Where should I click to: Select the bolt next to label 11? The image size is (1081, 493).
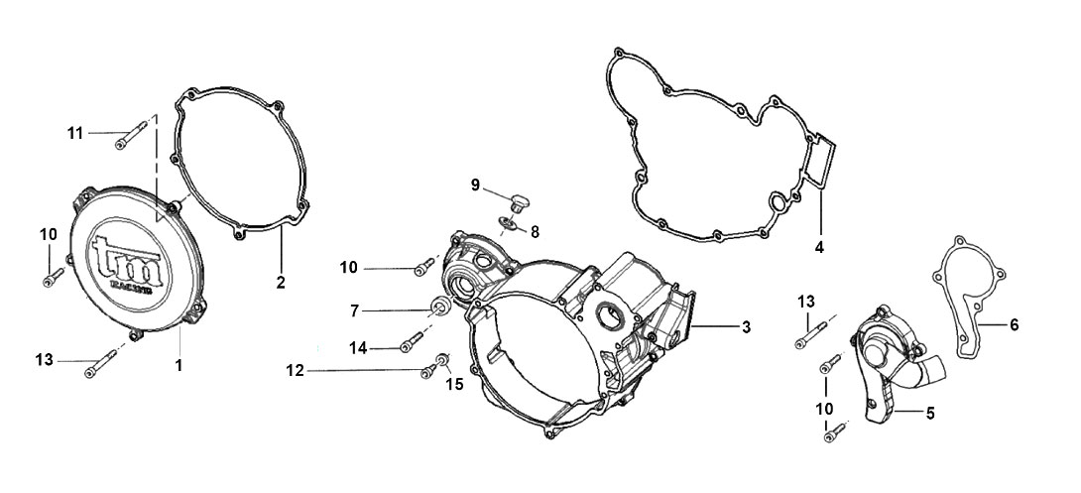(x=131, y=135)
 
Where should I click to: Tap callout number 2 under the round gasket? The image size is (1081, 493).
(x=281, y=282)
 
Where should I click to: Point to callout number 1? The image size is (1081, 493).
(x=179, y=365)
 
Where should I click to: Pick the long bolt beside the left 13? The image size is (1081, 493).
(x=101, y=363)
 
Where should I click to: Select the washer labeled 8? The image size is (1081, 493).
(x=508, y=222)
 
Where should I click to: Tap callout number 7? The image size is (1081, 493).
(x=354, y=311)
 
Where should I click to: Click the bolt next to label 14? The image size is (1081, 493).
(x=411, y=341)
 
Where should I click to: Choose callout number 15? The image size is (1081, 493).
(x=455, y=384)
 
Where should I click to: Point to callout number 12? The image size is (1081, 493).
(x=296, y=371)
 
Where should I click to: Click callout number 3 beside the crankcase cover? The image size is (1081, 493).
(x=746, y=326)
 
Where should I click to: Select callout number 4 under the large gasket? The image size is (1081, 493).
(x=819, y=246)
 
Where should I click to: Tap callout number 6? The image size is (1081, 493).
(x=1014, y=324)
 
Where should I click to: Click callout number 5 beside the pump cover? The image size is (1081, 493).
(x=930, y=413)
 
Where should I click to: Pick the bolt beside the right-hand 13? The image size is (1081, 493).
(x=813, y=335)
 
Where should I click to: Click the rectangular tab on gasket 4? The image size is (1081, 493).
(x=822, y=163)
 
